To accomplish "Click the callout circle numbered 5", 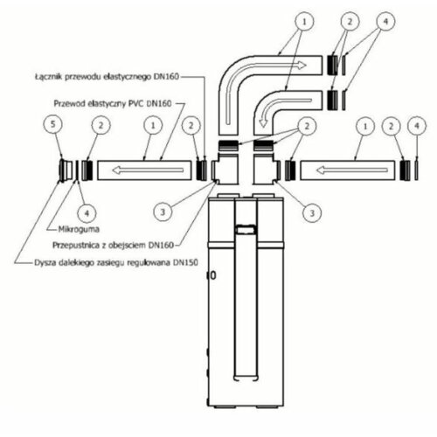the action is pyautogui.click(x=52, y=124).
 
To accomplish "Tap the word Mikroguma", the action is pyautogui.click(x=79, y=229).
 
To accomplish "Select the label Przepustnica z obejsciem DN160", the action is pyautogui.click(x=113, y=245).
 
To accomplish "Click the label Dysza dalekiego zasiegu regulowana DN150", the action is pyautogui.click(x=116, y=262).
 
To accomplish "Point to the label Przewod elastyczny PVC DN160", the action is pyautogui.click(x=113, y=103).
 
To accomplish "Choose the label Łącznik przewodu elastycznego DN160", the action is pyautogui.click(x=107, y=77).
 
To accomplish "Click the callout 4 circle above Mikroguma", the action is pyautogui.click(x=87, y=213).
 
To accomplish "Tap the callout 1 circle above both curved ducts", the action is pyautogui.click(x=304, y=21).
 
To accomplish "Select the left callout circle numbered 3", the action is pyautogui.click(x=163, y=212).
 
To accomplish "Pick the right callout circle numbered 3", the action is pyautogui.click(x=312, y=213).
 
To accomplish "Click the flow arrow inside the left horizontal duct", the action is pyautogui.click(x=148, y=170).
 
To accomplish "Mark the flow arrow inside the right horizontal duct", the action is pyautogui.click(x=352, y=170).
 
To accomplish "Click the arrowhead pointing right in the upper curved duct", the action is pyautogui.click(x=302, y=65).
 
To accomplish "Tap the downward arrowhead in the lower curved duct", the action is pyautogui.click(x=263, y=122).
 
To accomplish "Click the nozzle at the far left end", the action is pyautogui.click(x=66, y=170).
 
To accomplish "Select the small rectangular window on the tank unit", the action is pyautogui.click(x=246, y=230).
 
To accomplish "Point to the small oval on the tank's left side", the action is pyautogui.click(x=213, y=275).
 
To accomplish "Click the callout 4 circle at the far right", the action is pyautogui.click(x=417, y=126).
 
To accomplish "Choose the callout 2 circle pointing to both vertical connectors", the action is pyautogui.click(x=307, y=126).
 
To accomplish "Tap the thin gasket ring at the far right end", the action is pyautogui.click(x=417, y=170).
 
